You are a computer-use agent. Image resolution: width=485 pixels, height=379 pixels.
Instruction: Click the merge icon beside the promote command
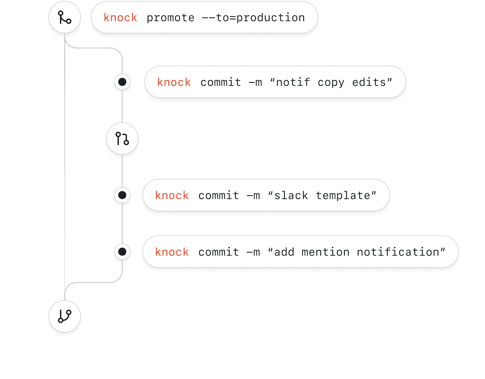click(65, 17)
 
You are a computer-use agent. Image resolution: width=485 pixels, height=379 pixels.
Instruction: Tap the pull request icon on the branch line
click(122, 138)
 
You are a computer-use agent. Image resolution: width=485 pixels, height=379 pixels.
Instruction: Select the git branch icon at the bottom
click(65, 316)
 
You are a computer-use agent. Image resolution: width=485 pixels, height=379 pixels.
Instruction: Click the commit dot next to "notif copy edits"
click(122, 82)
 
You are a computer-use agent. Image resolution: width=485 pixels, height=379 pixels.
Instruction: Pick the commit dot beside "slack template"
click(122, 195)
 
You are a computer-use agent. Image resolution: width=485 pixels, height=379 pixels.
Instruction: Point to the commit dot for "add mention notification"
click(122, 252)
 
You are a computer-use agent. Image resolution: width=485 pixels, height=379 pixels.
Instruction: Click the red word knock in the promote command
click(120, 18)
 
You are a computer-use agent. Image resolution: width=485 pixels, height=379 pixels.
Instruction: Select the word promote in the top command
click(170, 18)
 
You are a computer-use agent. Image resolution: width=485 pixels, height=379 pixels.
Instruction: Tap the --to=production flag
click(253, 18)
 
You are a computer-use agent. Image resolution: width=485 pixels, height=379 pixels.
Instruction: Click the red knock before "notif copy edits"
click(174, 82)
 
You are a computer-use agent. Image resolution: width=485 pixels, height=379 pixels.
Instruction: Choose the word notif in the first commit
click(293, 82)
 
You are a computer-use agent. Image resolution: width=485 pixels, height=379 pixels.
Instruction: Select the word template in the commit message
click(343, 195)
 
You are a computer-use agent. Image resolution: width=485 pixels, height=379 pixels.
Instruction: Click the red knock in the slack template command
click(172, 195)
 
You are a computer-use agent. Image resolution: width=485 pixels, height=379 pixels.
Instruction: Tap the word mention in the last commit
click(325, 252)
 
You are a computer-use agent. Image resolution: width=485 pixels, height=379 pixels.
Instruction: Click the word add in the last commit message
click(284, 252)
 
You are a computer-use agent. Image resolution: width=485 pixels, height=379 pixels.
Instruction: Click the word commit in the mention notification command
click(219, 252)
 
